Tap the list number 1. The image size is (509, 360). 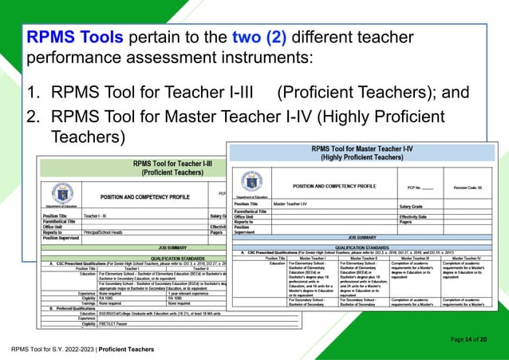click(x=33, y=93)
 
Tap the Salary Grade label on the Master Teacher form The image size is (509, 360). click(x=416, y=205)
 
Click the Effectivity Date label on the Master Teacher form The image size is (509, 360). click(x=419, y=216)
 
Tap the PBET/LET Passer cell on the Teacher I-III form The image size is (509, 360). click(x=116, y=326)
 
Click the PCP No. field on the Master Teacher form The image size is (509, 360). click(x=420, y=188)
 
